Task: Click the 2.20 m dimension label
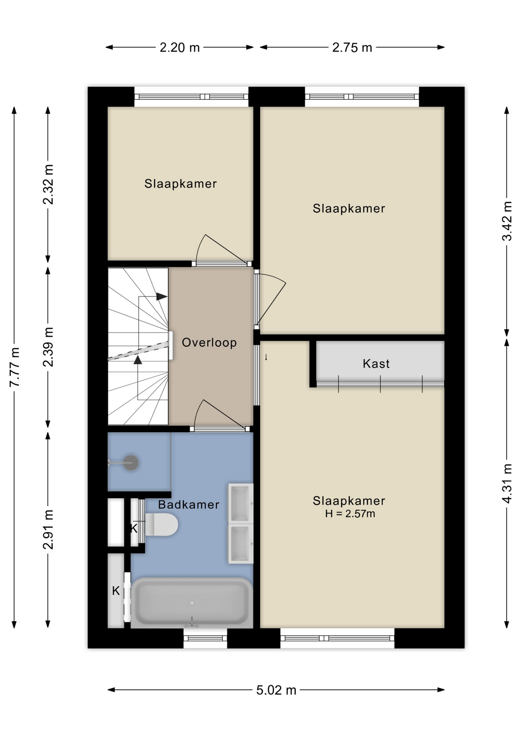180,48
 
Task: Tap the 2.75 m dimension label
352,48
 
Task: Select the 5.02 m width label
276,690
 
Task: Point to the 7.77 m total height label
15,367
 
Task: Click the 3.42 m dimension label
507,221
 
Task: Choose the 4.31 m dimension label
507,484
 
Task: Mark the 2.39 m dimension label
48,347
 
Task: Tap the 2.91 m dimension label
48,530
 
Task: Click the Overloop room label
209,342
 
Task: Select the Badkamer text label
188,504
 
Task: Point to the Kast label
376,364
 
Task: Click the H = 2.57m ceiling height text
350,514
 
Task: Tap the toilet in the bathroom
161,525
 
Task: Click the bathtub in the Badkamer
192,603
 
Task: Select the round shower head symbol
131,463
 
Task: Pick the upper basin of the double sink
241,504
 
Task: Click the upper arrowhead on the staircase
162,296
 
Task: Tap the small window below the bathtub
205,638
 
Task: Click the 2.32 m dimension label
48,184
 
